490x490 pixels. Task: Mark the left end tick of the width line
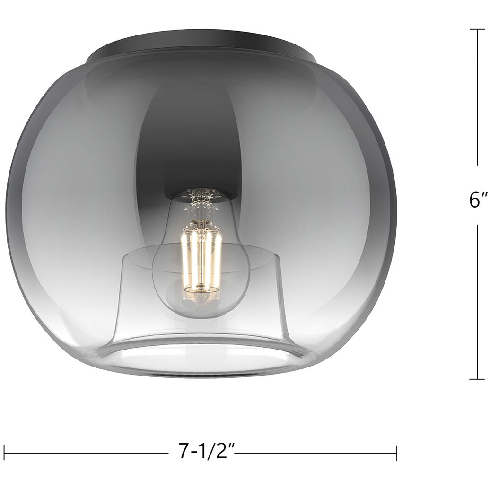click(4, 453)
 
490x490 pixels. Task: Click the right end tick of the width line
click(396, 453)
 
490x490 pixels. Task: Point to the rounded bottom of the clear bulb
click(201, 310)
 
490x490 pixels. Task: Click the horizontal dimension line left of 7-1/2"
click(85, 453)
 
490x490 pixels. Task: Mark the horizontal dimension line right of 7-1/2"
click(317, 453)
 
